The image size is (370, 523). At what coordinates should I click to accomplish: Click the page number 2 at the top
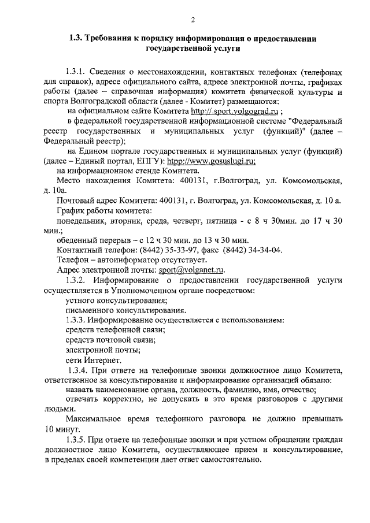point(185,20)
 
